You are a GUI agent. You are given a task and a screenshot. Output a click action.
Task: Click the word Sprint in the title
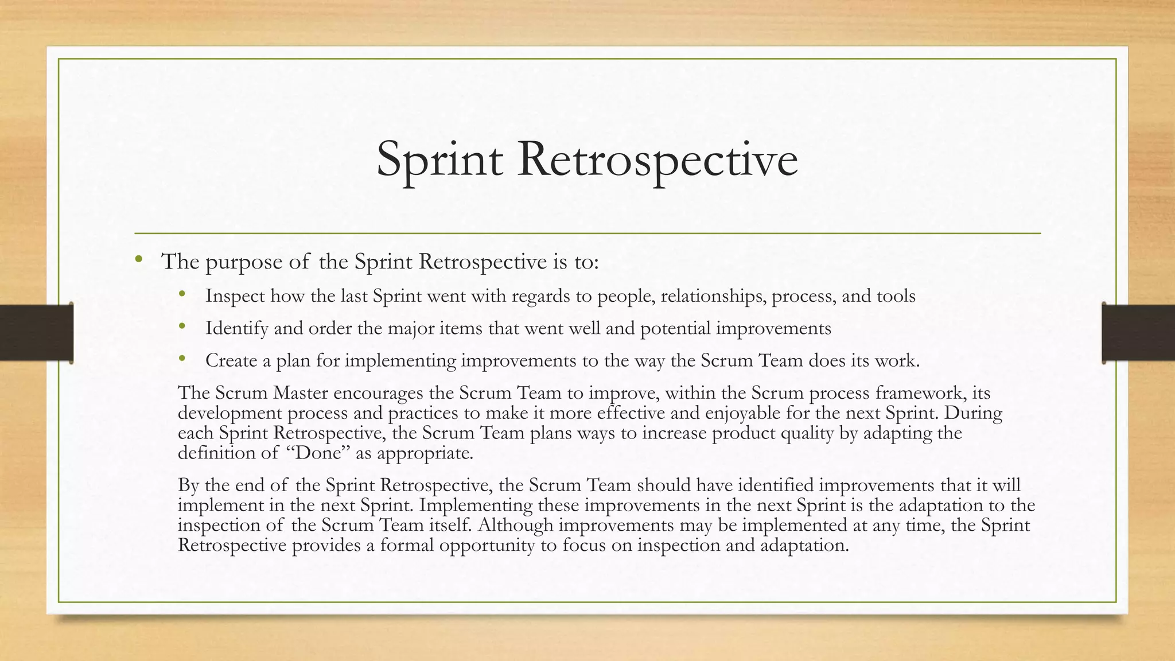pyautogui.click(x=439, y=160)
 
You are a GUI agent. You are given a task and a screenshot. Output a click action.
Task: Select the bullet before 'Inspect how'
pyautogui.click(x=182, y=294)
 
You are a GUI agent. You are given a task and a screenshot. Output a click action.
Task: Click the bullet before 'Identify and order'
pyautogui.click(x=182, y=326)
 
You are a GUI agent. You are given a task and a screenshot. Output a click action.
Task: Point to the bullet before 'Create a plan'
pyautogui.click(x=182, y=359)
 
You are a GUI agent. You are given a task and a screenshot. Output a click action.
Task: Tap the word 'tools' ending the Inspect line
pyautogui.click(x=896, y=296)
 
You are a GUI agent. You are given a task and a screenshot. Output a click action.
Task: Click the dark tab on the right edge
pyautogui.click(x=1138, y=333)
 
